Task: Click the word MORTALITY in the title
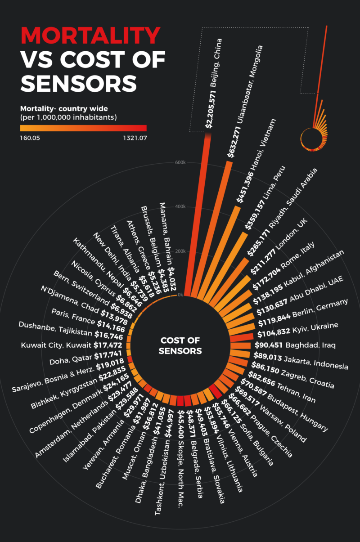[90, 35]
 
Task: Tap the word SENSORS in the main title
[79, 83]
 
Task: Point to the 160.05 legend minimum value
[30, 138]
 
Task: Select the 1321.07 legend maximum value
[134, 138]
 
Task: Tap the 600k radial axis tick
[180, 162]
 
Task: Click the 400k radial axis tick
[180, 206]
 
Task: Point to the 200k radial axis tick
[180, 251]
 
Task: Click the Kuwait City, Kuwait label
[56, 345]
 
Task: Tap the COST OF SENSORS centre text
[180, 345]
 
